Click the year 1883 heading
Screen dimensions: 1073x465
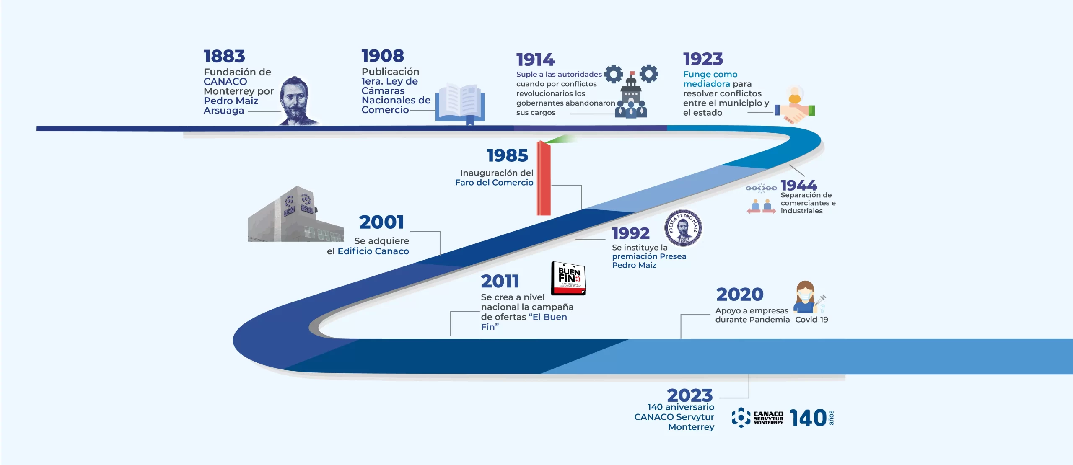click(x=224, y=56)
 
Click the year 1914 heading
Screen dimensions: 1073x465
click(x=536, y=59)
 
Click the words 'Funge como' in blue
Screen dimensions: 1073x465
click(x=710, y=74)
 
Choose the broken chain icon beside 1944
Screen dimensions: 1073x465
click(x=761, y=188)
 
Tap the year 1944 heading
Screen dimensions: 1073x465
click(x=798, y=185)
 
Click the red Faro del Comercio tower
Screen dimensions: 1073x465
click(x=544, y=178)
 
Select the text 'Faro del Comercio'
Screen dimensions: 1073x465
click(x=494, y=183)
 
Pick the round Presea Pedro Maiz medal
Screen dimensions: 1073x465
click(x=683, y=228)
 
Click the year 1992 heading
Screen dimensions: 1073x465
click(x=630, y=233)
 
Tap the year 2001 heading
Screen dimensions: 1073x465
click(x=381, y=222)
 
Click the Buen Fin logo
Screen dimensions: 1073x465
click(x=568, y=278)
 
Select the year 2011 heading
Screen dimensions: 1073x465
click(x=500, y=281)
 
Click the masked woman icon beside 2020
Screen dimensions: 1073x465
click(x=807, y=297)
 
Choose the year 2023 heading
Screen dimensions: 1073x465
click(x=689, y=395)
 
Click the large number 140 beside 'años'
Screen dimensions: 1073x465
click(x=808, y=418)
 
